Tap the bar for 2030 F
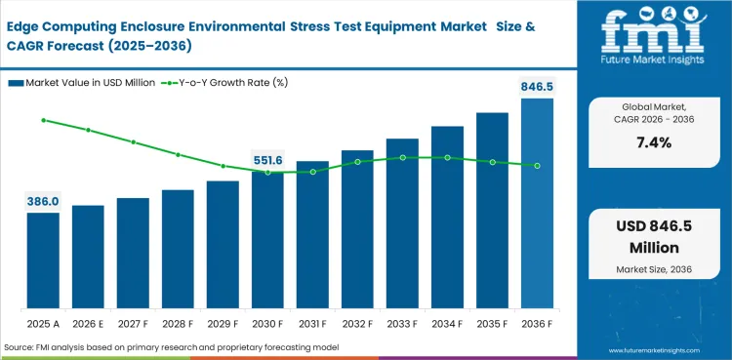[267, 238]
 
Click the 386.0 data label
[43, 201]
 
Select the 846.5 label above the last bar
[537, 86]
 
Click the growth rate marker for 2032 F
[357, 162]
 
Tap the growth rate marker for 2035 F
[492, 162]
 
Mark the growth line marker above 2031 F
[312, 172]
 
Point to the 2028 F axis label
[178, 322]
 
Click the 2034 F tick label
[447, 322]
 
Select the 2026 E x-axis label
[88, 322]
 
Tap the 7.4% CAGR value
[653, 143]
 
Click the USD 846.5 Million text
[653, 237]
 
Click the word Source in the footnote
[21, 347]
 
